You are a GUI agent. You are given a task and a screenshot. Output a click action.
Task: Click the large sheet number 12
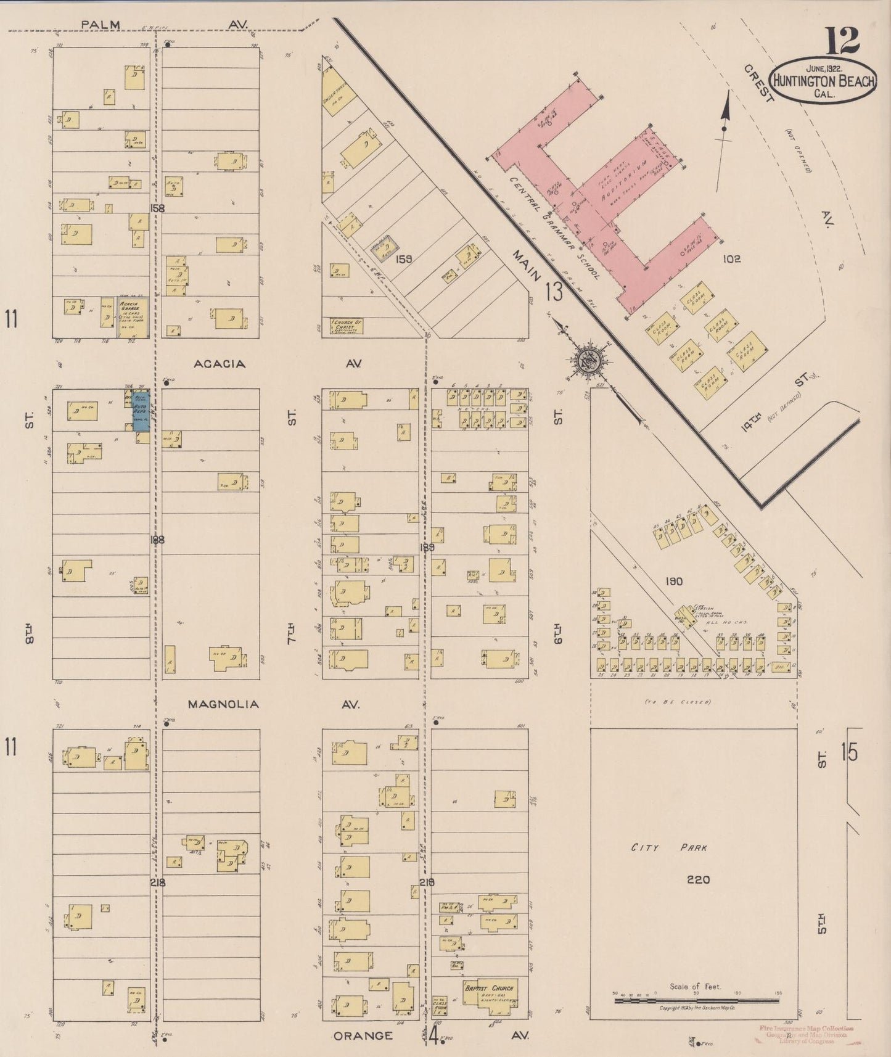(843, 41)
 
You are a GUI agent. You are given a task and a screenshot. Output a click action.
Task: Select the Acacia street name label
(220, 364)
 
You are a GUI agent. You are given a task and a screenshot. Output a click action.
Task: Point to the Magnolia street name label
(223, 704)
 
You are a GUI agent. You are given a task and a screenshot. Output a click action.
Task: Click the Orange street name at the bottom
(363, 1035)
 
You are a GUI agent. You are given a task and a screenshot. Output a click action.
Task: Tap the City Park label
(668, 848)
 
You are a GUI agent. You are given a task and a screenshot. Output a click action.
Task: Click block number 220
(698, 879)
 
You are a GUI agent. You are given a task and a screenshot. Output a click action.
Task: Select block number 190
(675, 581)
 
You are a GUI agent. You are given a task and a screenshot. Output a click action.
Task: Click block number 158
(157, 208)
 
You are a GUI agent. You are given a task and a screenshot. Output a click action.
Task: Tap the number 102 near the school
(731, 259)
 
